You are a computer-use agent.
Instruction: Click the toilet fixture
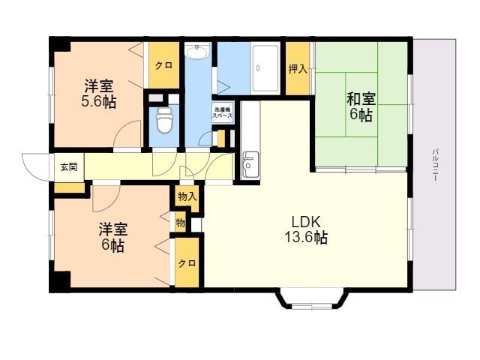pyautogui.click(x=164, y=120)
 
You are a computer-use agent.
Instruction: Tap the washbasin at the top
pyautogui.click(x=197, y=51)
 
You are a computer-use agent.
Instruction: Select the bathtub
pyautogui.click(x=265, y=68)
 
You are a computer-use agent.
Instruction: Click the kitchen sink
pyautogui.click(x=250, y=164)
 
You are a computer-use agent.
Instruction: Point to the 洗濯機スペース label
pyautogui.click(x=223, y=112)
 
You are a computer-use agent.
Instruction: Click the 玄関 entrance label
pyautogui.click(x=69, y=167)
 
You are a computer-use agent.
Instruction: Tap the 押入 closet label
pyautogui.click(x=298, y=69)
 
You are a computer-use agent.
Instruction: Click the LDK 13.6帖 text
pyautogui.click(x=306, y=229)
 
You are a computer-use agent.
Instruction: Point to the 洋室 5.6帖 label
pyautogui.click(x=98, y=94)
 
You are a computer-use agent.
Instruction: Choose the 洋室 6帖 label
pyautogui.click(x=113, y=237)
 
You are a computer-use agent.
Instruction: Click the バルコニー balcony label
pyautogui.click(x=435, y=166)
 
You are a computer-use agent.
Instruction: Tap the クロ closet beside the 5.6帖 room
pyautogui.click(x=164, y=65)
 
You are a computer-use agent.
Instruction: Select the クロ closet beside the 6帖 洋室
pyautogui.click(x=187, y=263)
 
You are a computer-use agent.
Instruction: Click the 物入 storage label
pyautogui.click(x=187, y=196)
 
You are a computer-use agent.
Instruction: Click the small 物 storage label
pyautogui.click(x=181, y=223)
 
